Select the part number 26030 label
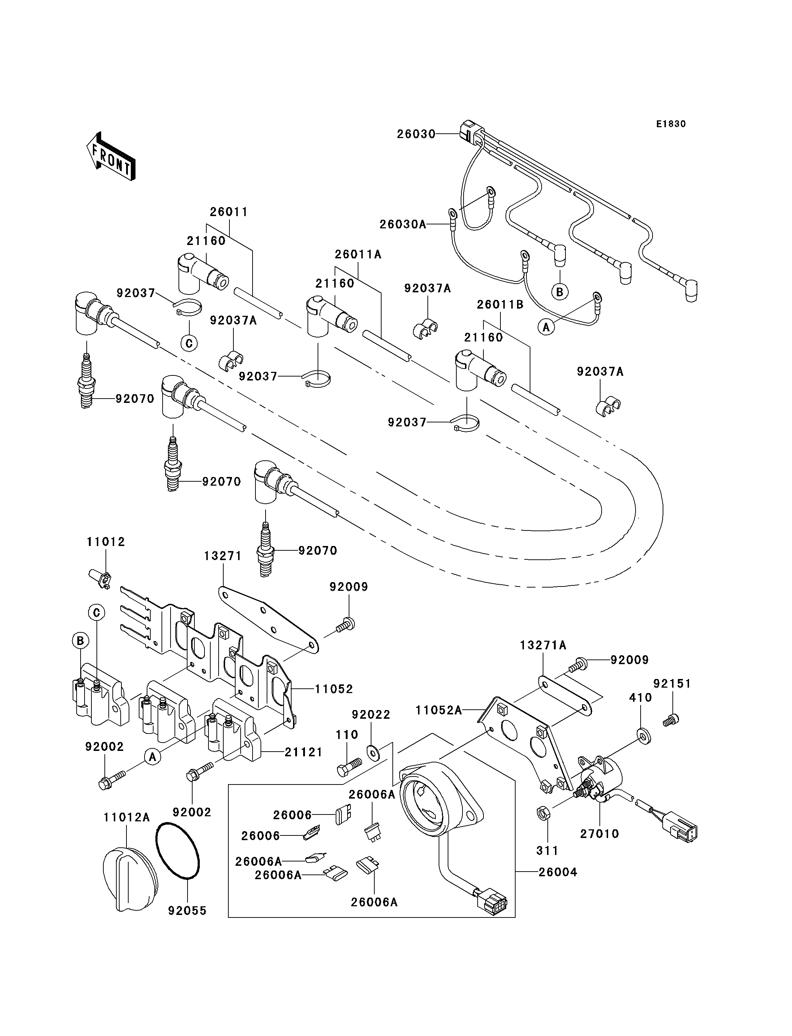click(416, 134)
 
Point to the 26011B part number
click(500, 305)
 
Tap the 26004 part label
click(558, 872)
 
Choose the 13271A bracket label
click(543, 645)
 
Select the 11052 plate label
click(334, 689)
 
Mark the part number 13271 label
click(223, 556)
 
